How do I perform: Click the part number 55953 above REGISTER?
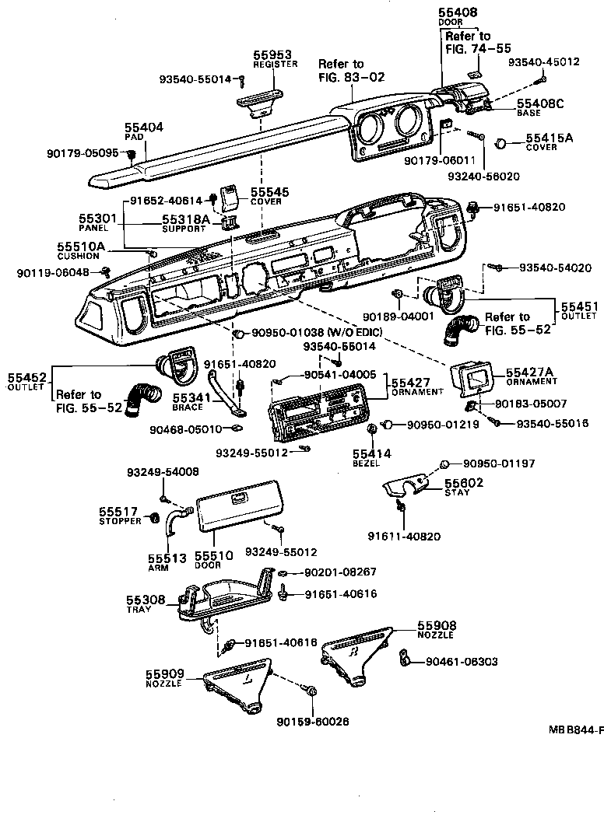coord(272,54)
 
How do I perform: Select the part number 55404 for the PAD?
coord(143,126)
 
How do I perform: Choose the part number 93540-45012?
coord(545,62)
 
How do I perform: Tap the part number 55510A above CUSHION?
coord(80,247)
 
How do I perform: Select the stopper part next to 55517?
coord(154,518)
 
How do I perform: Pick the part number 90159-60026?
coord(312,721)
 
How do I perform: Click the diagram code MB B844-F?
coord(575,731)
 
